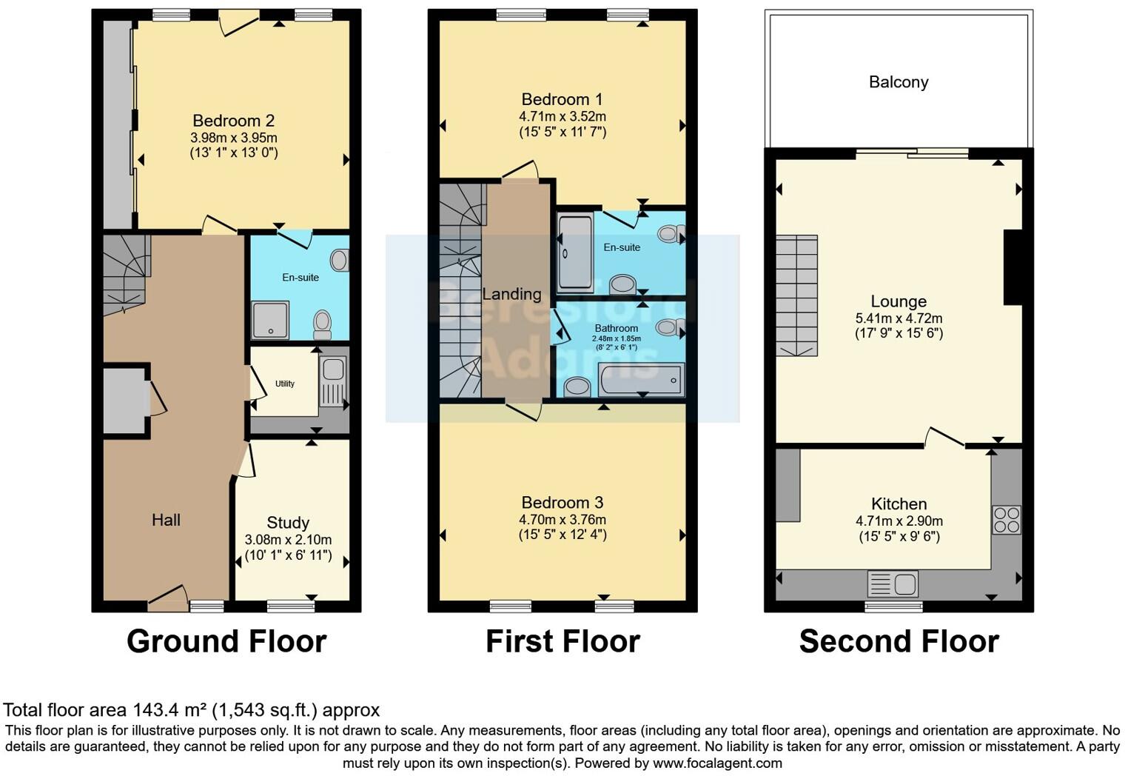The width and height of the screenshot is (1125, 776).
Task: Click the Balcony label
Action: coord(899,82)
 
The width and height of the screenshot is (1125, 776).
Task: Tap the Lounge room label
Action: coord(899,301)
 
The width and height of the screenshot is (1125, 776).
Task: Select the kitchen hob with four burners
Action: coord(1006,520)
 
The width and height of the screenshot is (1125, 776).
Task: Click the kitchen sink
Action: coord(893,584)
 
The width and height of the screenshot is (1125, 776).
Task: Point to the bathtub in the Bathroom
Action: coord(642,381)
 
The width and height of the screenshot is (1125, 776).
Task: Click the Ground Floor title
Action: coord(226,641)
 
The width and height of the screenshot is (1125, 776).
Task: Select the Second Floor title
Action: coord(899,641)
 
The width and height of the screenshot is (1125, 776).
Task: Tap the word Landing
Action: coord(511,294)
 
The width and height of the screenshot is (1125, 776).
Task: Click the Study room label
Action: coord(288,523)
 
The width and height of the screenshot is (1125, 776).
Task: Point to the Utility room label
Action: coord(285,384)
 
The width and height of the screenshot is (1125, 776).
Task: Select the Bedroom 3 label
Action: coord(562,503)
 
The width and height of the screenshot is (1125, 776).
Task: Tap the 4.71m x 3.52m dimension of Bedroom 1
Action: coord(562,116)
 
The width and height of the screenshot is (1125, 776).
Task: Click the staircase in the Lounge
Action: coord(796,295)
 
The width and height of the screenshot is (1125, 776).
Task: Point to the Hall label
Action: coord(166,520)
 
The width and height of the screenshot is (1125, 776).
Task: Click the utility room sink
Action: coord(333,369)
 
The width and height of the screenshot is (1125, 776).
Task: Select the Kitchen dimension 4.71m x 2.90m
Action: coord(899,521)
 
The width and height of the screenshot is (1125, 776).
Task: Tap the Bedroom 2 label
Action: coord(233,121)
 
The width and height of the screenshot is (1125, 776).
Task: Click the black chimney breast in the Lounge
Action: coord(1013,267)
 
